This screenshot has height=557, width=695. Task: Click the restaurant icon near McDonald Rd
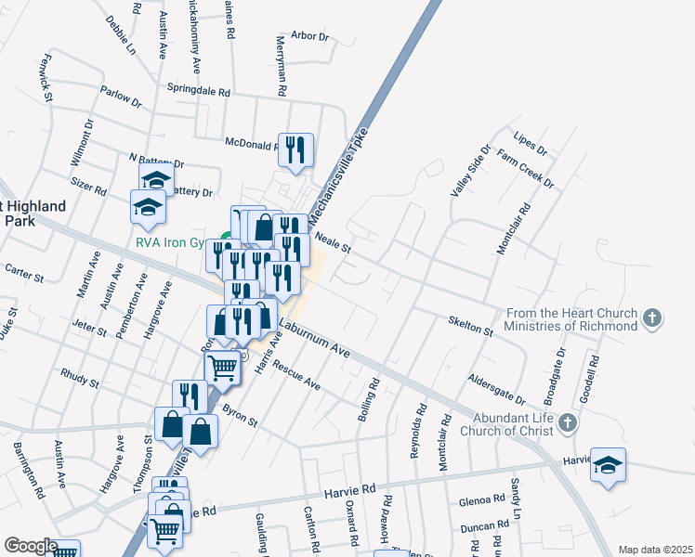(295, 149)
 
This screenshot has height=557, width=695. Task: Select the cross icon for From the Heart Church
(653, 317)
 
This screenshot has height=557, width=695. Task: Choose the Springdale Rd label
(198, 91)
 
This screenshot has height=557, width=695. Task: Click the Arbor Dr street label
(310, 36)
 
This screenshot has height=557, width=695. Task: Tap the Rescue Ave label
(297, 375)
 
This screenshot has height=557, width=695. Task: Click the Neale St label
(332, 243)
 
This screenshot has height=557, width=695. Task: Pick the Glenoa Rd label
(481, 502)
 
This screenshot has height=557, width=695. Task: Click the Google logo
(30, 546)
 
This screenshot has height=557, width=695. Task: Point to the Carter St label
(25, 271)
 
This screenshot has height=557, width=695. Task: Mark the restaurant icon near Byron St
(190, 395)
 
